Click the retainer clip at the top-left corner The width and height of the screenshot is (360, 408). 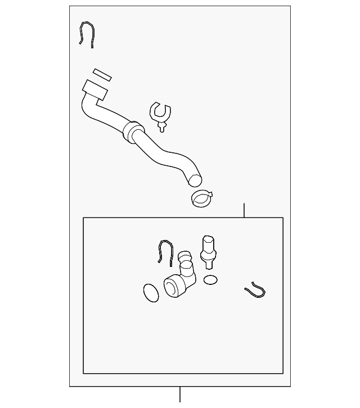(86, 34)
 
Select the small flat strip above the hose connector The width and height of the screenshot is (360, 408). (102, 75)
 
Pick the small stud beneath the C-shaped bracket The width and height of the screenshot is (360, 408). (162, 127)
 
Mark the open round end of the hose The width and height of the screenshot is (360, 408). (194, 180)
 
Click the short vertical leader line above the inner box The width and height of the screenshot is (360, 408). (244, 211)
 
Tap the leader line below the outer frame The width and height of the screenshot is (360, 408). (180, 394)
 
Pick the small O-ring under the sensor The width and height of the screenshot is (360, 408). (210, 280)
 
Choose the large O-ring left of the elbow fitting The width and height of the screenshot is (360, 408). (151, 292)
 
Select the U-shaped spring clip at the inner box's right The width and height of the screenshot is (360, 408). (255, 291)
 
